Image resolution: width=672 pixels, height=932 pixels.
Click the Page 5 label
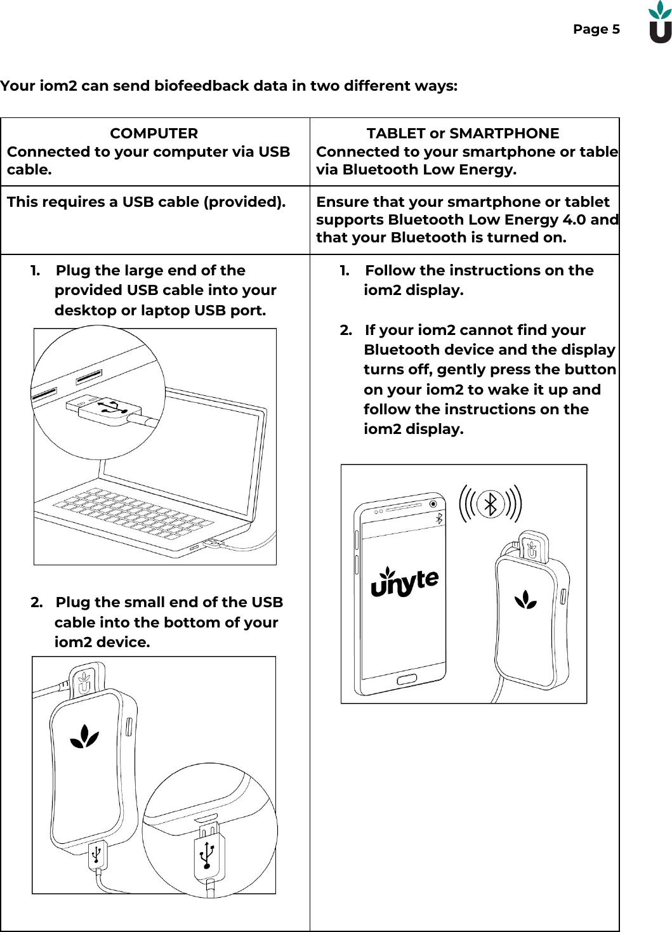596,29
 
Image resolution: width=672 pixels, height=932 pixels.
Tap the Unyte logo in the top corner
659,23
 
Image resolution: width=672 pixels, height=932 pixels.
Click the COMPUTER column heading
154,133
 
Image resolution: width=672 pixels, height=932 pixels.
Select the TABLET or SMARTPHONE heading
463,133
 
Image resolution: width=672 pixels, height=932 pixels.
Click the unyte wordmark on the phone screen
404,582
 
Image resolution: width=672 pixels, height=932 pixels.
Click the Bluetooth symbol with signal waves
490,504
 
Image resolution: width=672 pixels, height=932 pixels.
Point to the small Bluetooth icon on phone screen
438,519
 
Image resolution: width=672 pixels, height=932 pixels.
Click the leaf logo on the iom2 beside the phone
525,600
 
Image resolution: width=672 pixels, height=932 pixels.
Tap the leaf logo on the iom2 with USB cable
84,737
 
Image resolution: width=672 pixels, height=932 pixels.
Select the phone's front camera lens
433,504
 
